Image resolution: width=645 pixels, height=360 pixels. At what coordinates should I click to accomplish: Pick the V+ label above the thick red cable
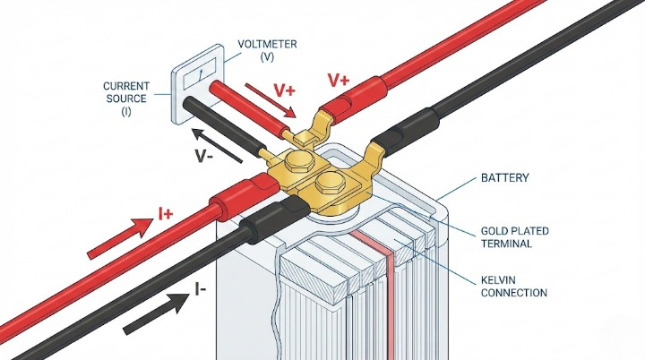click(339, 81)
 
